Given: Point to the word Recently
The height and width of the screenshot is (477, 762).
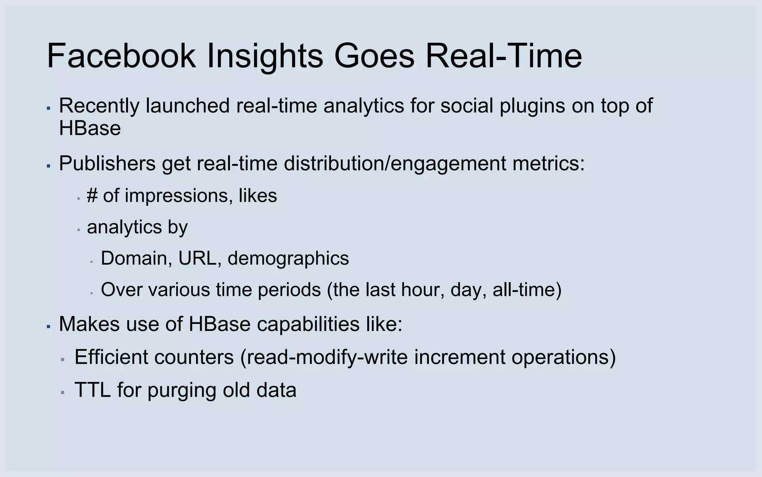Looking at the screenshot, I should [x=99, y=105].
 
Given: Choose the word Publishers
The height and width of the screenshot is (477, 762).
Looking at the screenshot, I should [x=107, y=163].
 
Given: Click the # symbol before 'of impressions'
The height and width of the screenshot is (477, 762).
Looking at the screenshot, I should [x=92, y=195].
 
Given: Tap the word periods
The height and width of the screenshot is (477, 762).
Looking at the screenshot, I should [x=289, y=290].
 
